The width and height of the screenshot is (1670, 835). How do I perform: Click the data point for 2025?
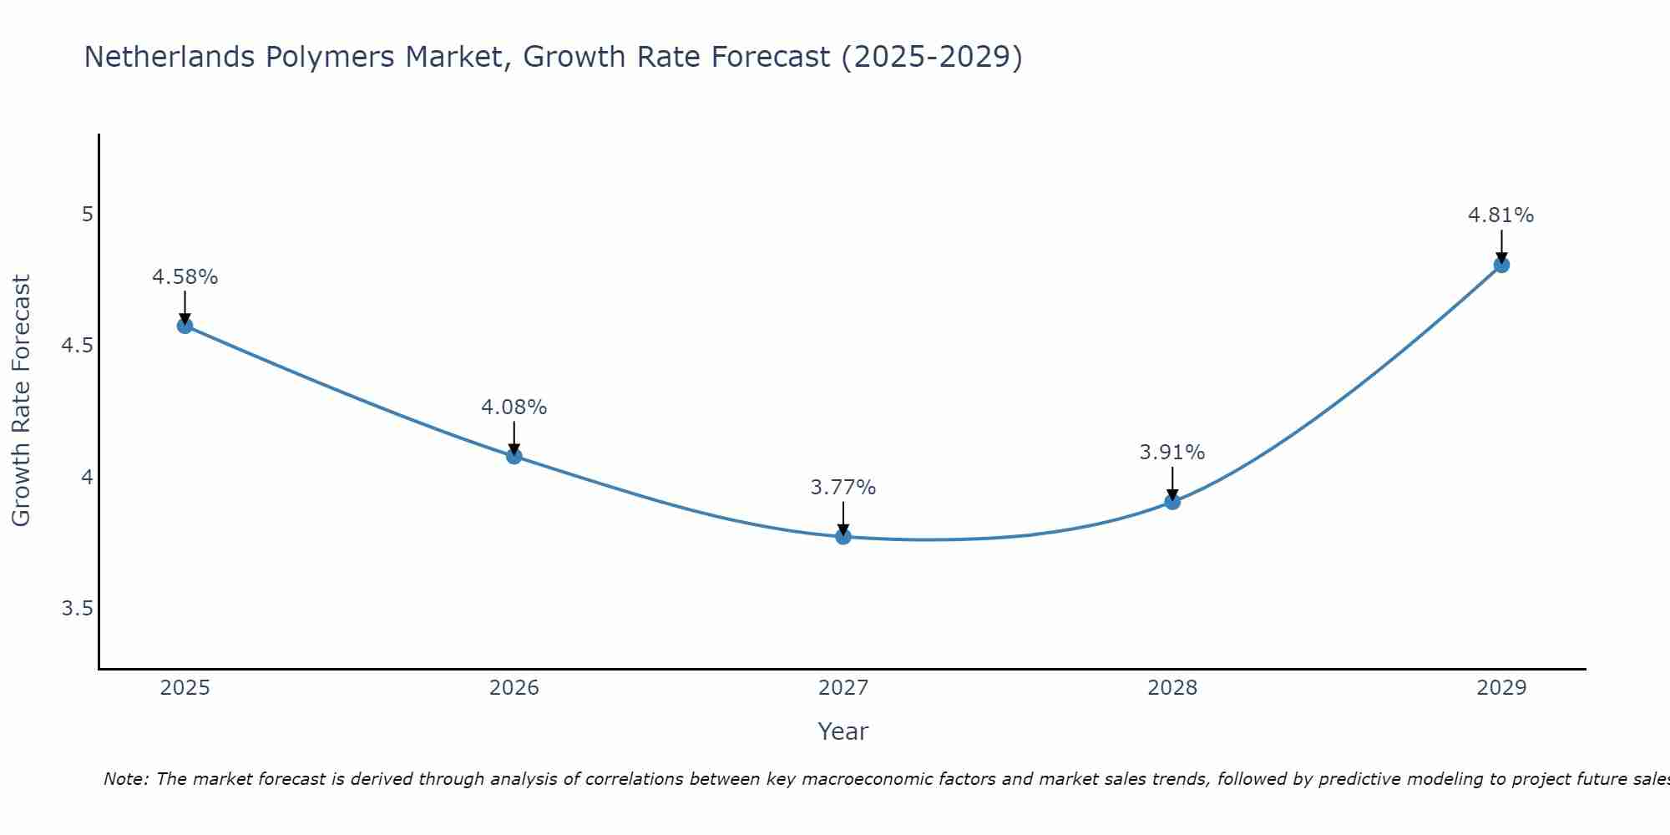click(x=185, y=326)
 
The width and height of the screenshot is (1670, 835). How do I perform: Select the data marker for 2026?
click(x=514, y=456)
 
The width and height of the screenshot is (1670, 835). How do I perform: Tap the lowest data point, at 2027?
click(x=843, y=537)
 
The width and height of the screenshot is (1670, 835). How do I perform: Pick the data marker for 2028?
click(x=1172, y=502)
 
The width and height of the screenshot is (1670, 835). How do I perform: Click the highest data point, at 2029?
click(x=1500, y=266)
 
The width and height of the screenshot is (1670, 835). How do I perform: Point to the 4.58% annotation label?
click(x=185, y=277)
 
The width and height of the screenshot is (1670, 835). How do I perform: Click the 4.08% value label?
click(x=514, y=407)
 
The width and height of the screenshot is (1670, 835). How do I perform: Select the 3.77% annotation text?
click(x=843, y=488)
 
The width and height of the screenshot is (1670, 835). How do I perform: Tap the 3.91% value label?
click(x=1172, y=453)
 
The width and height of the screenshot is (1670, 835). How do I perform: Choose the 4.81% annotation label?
click(x=1500, y=215)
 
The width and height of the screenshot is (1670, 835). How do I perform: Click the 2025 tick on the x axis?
click(x=185, y=688)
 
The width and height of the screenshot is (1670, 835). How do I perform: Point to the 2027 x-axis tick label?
click(x=843, y=688)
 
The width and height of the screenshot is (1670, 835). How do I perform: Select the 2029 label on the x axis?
click(x=1500, y=688)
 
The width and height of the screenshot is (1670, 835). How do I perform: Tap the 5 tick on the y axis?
click(x=87, y=215)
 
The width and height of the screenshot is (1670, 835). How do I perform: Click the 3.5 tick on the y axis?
click(x=77, y=609)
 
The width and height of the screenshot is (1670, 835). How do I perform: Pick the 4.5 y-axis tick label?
click(x=77, y=346)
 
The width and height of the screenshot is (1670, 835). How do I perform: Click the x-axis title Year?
click(x=843, y=731)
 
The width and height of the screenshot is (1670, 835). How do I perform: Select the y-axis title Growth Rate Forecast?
click(x=22, y=401)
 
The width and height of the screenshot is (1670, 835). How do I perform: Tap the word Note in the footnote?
click(x=124, y=779)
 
